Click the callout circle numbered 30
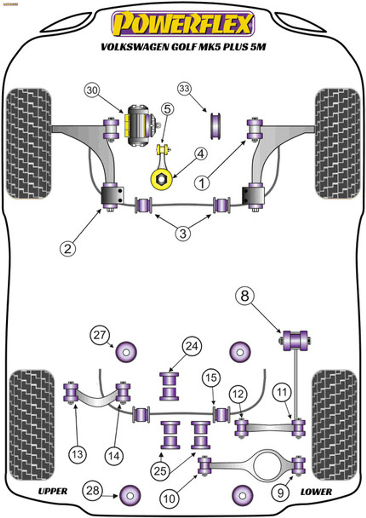pos(92,90)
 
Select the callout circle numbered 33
pos(185,89)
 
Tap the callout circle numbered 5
pos(168,109)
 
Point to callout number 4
pos(201,154)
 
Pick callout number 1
pos(202,183)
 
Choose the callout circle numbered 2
pos(67,248)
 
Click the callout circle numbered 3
pos(183,234)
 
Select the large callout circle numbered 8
pos(245,296)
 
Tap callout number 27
pos(100,335)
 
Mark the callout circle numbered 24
pos(192,346)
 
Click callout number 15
pos(211,378)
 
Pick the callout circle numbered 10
pos(169,499)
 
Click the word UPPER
pos(52,491)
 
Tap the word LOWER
pos(316,492)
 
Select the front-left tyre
pos(29,143)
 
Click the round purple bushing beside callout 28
pos(131,495)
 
